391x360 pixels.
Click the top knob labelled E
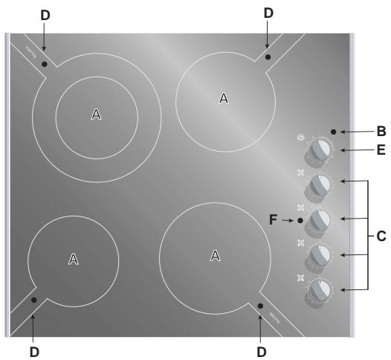click(x=320, y=150)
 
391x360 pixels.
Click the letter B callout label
click(x=381, y=131)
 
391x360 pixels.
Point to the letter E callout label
click(x=381, y=150)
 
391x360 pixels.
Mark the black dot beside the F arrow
click(x=300, y=221)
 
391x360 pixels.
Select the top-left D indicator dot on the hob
click(x=45, y=64)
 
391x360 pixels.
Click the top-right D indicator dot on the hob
click(x=268, y=57)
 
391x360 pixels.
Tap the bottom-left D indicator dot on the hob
click(x=34, y=300)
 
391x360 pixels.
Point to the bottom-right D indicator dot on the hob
click(x=260, y=306)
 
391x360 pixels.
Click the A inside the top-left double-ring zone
click(x=95, y=114)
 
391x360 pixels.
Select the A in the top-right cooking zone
click(x=224, y=97)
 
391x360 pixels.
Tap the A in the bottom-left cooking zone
click(x=73, y=258)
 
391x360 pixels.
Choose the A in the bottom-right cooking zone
click(x=215, y=255)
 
